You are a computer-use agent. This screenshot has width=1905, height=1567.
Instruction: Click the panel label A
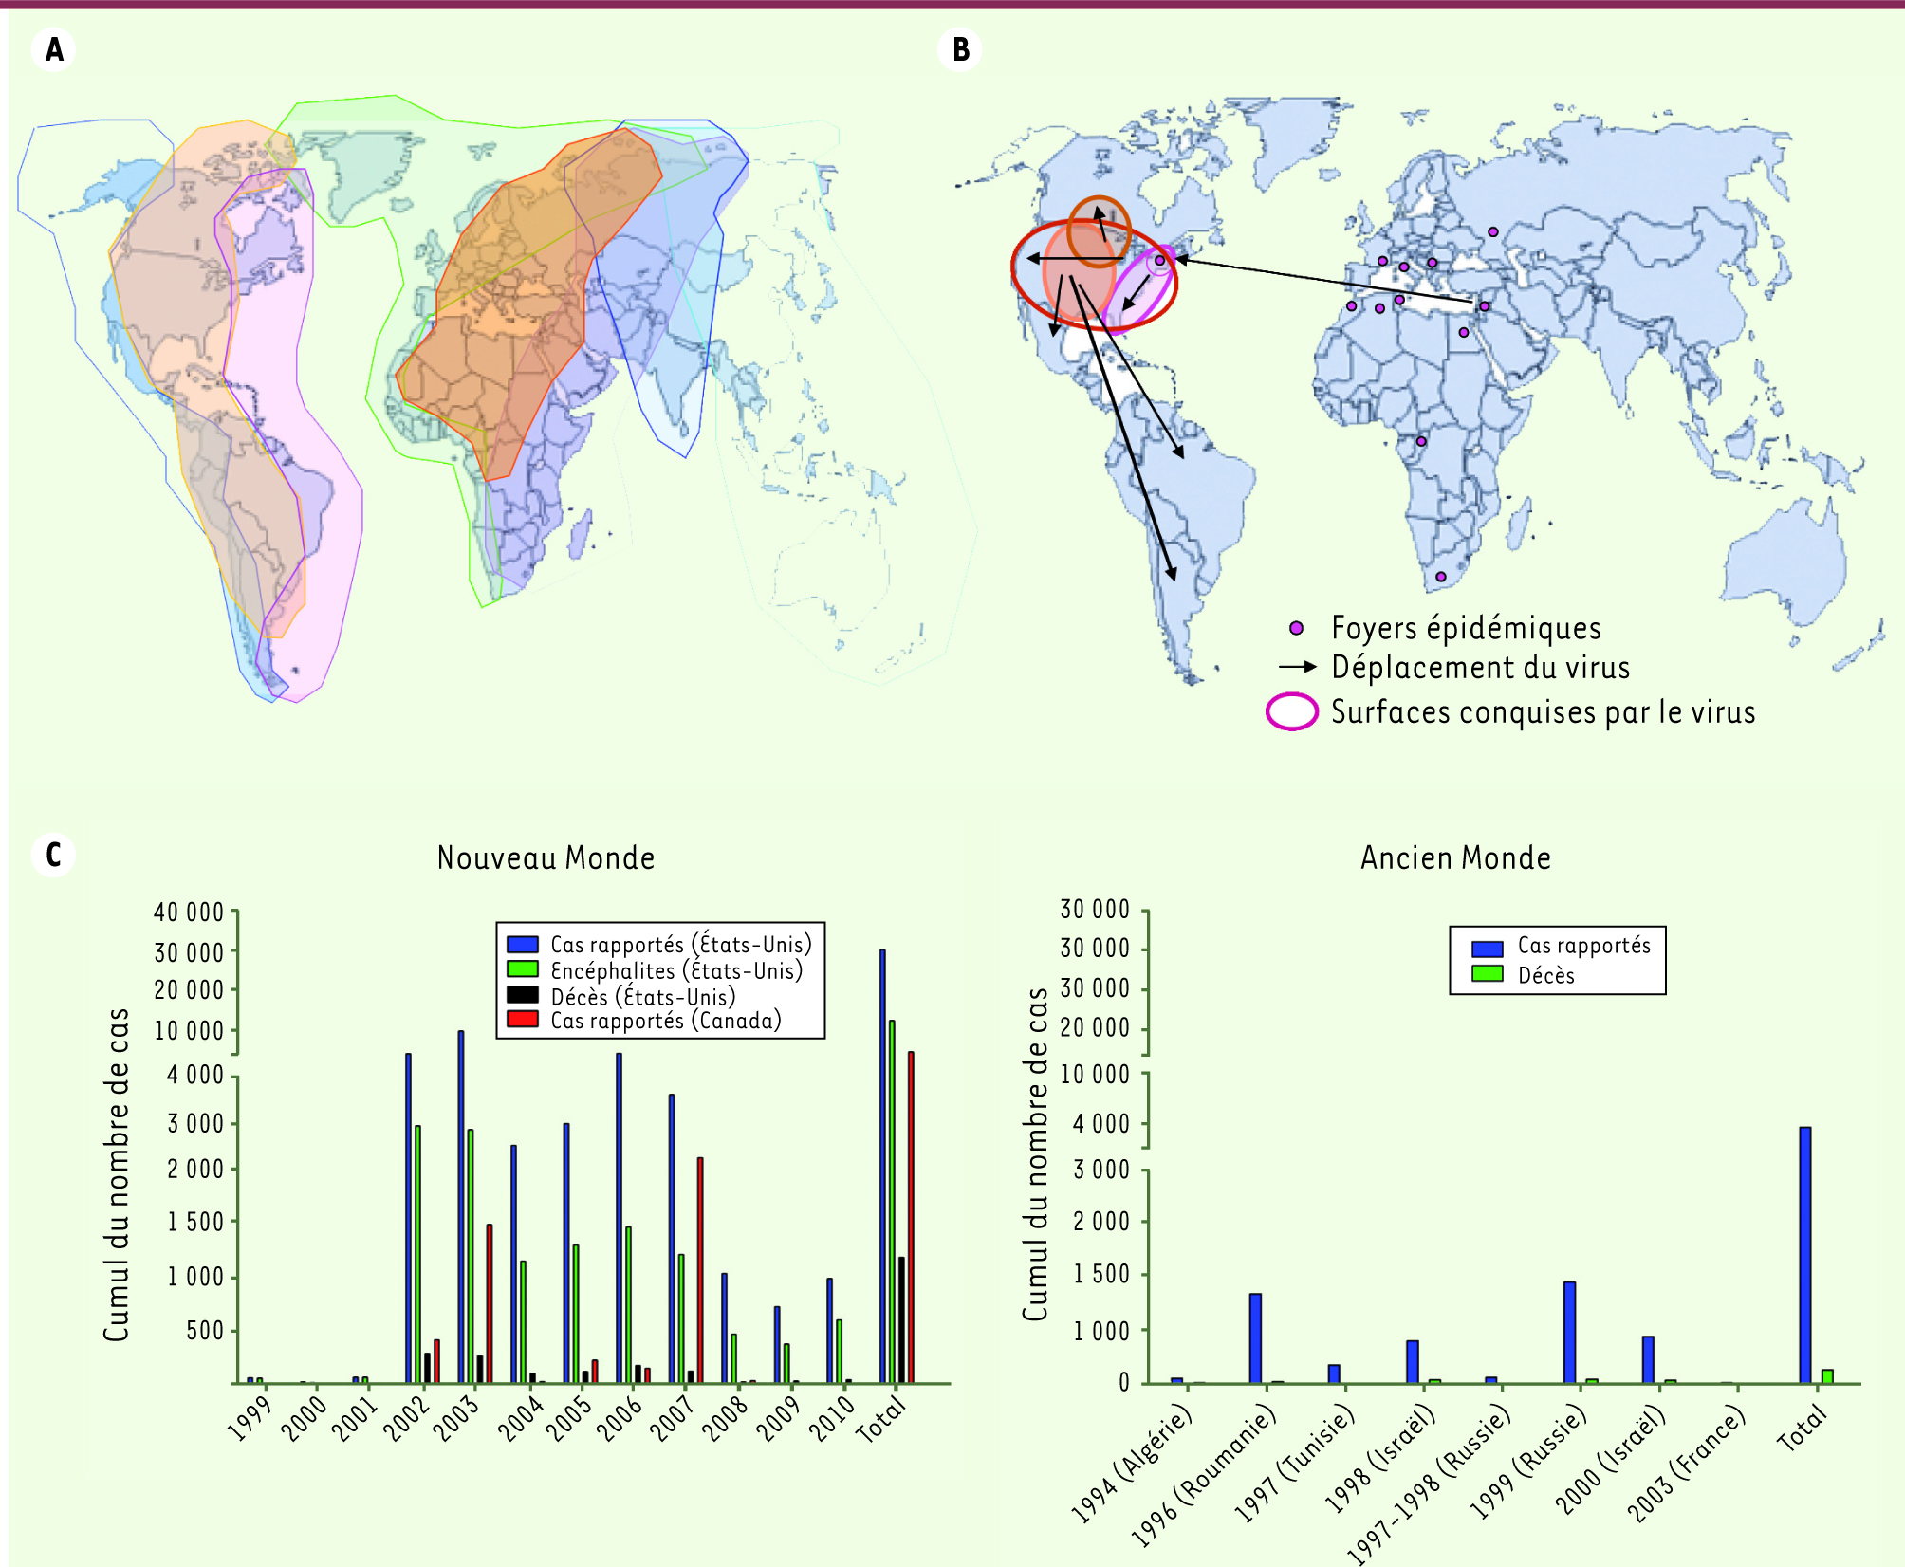54,49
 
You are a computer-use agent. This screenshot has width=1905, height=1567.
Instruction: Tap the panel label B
960,49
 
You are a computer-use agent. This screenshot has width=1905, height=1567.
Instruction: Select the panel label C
54,855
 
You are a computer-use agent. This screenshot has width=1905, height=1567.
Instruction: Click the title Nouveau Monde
546,858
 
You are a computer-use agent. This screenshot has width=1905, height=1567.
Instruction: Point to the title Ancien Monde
1455,858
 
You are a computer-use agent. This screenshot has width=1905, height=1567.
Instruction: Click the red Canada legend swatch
523,1020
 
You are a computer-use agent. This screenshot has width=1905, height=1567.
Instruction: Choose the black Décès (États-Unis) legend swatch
523,995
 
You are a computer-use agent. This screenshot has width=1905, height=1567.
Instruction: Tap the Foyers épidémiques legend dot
1296,628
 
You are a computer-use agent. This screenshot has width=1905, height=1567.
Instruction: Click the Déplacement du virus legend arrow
1297,667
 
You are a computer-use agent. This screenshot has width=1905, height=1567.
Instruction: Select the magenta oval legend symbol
1292,711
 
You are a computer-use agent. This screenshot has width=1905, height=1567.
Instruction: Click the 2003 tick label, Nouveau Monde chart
457,1418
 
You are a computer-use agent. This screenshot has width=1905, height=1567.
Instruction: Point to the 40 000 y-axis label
189,913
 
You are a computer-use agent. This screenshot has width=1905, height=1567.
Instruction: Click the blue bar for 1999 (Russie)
1569,1332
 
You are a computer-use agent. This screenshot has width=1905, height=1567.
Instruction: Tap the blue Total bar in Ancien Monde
1804,1254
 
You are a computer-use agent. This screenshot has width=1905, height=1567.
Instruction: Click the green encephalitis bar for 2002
417,1253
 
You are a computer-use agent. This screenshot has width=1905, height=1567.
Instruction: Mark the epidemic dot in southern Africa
1440,577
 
